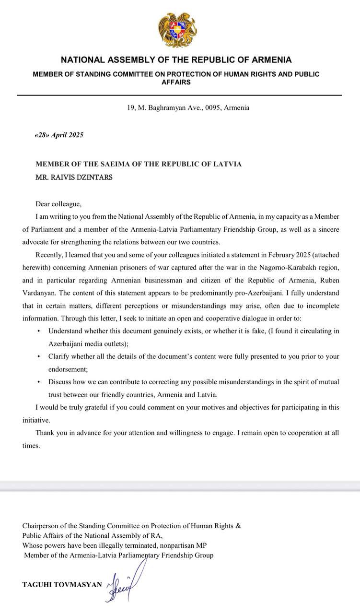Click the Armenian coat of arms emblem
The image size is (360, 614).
[177, 30]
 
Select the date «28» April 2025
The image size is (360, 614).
[59, 135]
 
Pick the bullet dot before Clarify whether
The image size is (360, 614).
[39, 356]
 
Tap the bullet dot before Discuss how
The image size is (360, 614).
[39, 382]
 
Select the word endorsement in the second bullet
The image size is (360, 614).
[69, 369]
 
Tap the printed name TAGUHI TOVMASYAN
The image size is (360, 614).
[62, 585]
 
